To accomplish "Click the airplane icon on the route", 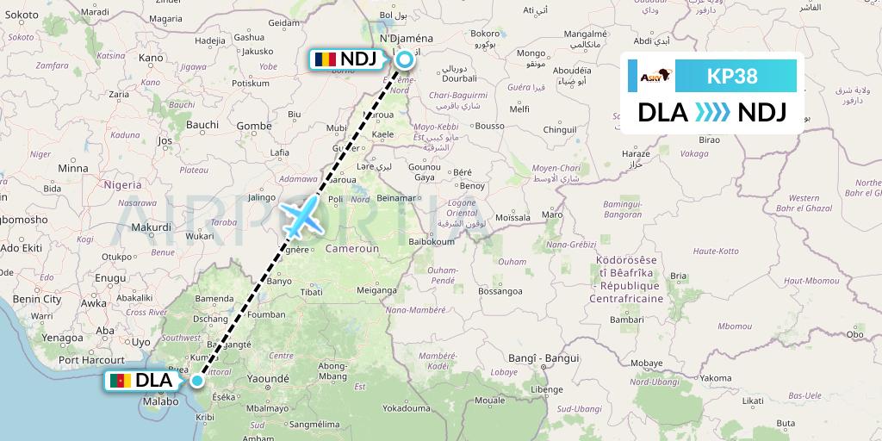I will [x=301, y=216].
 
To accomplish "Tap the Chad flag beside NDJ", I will [x=325, y=59].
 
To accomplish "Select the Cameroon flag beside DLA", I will [x=120, y=381].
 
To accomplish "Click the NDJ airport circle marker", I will [x=405, y=59].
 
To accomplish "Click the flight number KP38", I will [x=732, y=76].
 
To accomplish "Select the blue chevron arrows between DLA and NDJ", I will [x=711, y=112].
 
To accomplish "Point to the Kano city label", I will [x=151, y=58].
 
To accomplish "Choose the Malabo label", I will [x=161, y=401].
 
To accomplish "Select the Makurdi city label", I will [x=152, y=227].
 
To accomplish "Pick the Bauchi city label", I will [x=202, y=124].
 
